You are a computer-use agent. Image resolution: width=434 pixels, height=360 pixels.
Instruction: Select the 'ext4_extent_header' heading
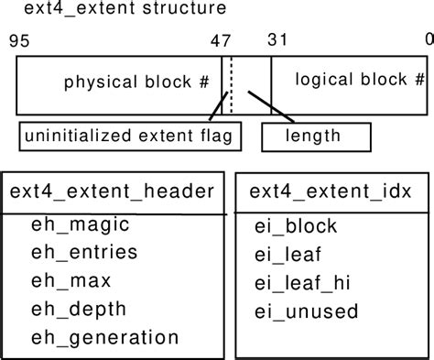(x=112, y=191)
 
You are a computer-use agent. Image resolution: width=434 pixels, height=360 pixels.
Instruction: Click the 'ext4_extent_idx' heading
(x=331, y=191)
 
